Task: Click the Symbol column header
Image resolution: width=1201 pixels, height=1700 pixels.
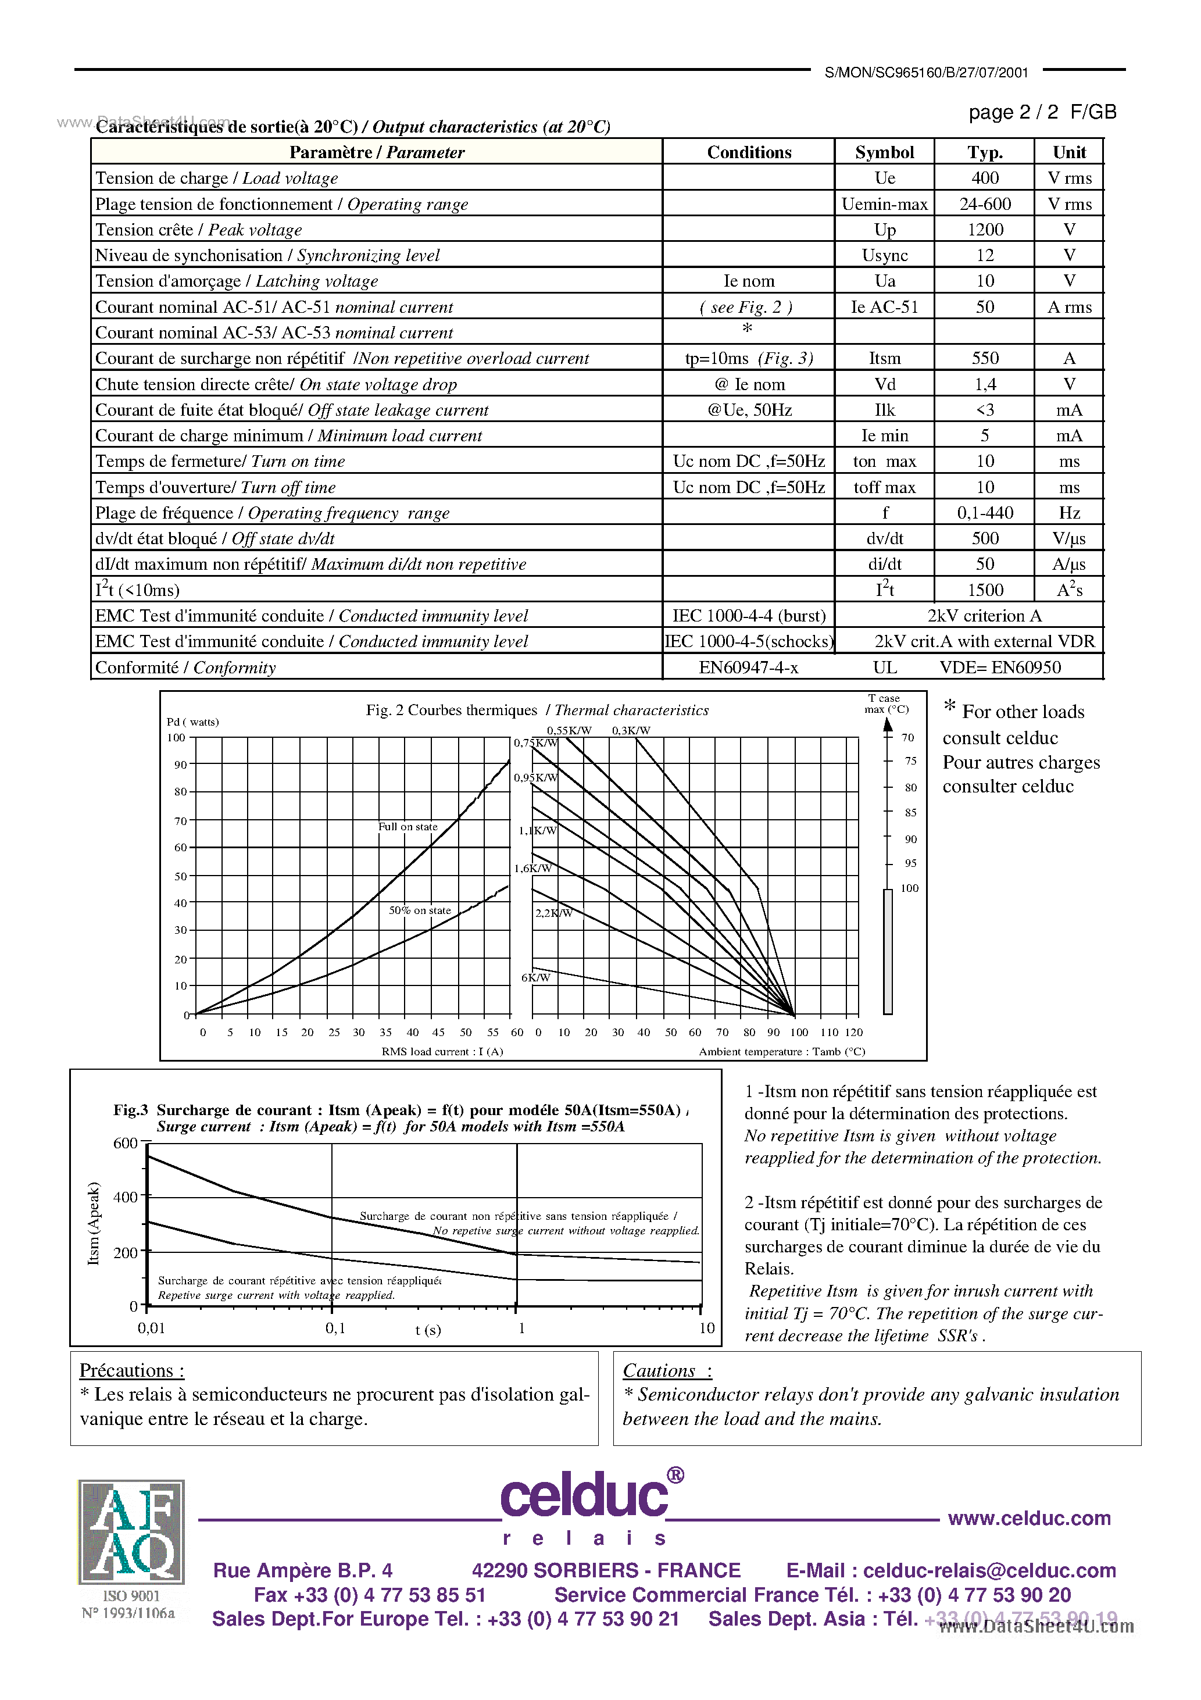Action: tap(884, 152)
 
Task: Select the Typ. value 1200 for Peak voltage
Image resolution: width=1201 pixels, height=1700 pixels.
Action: tap(985, 230)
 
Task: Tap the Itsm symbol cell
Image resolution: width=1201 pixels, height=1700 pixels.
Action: tap(884, 358)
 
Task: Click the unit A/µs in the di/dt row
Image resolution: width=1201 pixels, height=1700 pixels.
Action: tap(1068, 564)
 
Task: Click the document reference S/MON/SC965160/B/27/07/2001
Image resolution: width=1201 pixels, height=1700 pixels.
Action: tap(926, 73)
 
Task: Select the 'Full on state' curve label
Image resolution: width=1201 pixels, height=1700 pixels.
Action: tap(408, 826)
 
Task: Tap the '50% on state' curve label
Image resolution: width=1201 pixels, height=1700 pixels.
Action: tap(420, 910)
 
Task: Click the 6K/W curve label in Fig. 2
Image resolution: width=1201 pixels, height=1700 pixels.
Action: tap(535, 977)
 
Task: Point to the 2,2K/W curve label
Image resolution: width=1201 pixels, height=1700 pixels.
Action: tap(553, 913)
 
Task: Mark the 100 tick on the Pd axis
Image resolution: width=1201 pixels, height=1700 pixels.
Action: tap(176, 737)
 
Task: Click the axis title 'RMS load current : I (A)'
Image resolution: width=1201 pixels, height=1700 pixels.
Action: tap(442, 1051)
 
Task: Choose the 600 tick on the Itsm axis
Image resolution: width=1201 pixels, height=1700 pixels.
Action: tap(125, 1143)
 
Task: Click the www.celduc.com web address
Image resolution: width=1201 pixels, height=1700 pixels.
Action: tap(1028, 1519)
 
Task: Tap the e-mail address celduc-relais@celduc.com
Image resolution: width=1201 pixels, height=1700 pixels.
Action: tap(989, 1570)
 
